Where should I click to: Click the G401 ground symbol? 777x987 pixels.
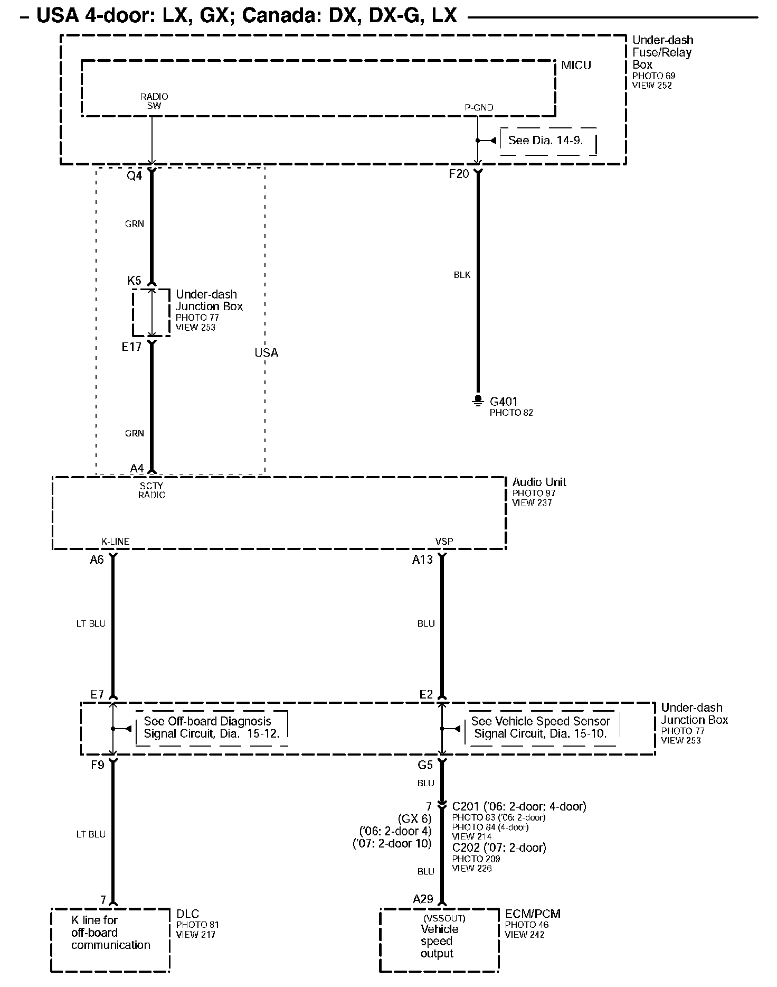pyautogui.click(x=478, y=401)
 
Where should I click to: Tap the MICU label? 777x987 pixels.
pyautogui.click(x=576, y=66)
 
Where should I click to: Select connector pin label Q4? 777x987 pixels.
pyautogui.click(x=135, y=175)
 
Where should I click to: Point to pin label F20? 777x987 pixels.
pyautogui.click(x=459, y=174)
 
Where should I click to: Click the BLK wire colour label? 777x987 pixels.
pyautogui.click(x=462, y=275)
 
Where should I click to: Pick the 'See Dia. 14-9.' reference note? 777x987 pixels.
pyautogui.click(x=545, y=141)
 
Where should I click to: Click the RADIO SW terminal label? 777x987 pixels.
pyautogui.click(x=154, y=101)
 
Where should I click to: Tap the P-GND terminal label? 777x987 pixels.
pyautogui.click(x=479, y=107)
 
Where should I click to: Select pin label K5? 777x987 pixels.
pyautogui.click(x=135, y=280)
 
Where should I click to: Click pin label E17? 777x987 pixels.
pyautogui.click(x=131, y=347)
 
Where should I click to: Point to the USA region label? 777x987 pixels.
pyautogui.click(x=266, y=353)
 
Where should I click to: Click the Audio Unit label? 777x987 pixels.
pyautogui.click(x=539, y=482)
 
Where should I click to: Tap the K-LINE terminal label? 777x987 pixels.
pyautogui.click(x=116, y=541)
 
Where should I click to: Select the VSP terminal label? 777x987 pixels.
pyautogui.click(x=444, y=541)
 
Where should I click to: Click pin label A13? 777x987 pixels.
pyautogui.click(x=422, y=560)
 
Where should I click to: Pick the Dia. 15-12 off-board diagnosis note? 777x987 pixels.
pyautogui.click(x=212, y=728)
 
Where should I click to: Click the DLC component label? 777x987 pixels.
pyautogui.click(x=187, y=914)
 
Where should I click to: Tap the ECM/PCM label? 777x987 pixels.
pyautogui.click(x=533, y=914)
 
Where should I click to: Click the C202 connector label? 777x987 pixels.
pyautogui.click(x=499, y=848)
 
